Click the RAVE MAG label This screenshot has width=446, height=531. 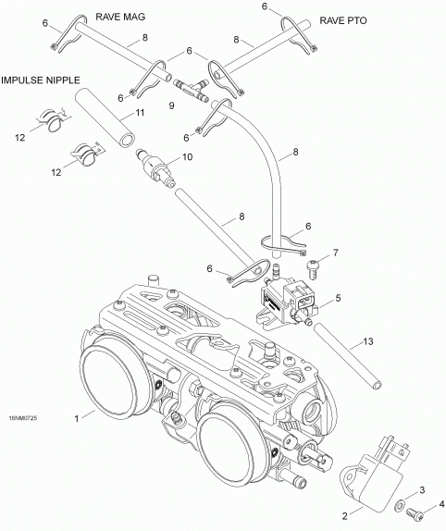click(x=120, y=17)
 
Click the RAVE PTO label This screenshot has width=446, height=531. click(x=343, y=20)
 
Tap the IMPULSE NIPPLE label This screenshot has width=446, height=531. click(x=41, y=80)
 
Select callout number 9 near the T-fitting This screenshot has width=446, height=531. click(x=172, y=105)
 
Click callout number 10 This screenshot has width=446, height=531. click(x=187, y=156)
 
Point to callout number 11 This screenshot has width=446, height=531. click(x=141, y=113)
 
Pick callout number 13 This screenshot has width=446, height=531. click(x=368, y=341)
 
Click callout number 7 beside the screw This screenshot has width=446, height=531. click(x=336, y=253)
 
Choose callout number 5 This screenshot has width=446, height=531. click(x=338, y=299)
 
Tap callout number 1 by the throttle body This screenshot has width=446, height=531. click(x=77, y=419)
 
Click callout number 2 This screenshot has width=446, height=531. click(x=345, y=516)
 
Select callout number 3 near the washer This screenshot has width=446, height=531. click(x=422, y=490)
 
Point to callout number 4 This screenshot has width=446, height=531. click(x=441, y=504)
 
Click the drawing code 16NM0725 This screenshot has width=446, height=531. click(x=23, y=418)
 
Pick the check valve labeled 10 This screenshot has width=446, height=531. click(x=155, y=167)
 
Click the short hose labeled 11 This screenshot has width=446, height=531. click(x=105, y=117)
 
